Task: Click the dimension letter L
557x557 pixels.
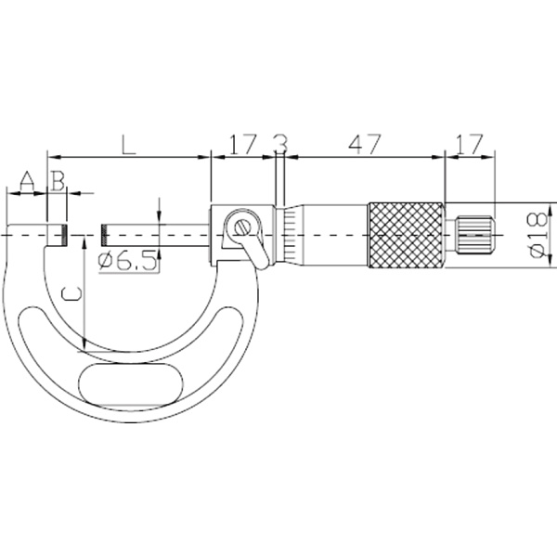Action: click(129, 144)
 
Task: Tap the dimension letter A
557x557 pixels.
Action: click(27, 181)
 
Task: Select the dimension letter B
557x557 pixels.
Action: click(58, 181)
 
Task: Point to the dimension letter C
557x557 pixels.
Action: click(71, 293)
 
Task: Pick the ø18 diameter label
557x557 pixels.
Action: click(538, 235)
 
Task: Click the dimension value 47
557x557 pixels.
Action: click(365, 144)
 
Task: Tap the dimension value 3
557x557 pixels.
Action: click(281, 144)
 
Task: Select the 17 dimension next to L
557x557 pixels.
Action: click(242, 144)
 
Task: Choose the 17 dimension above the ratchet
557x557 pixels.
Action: click(470, 144)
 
